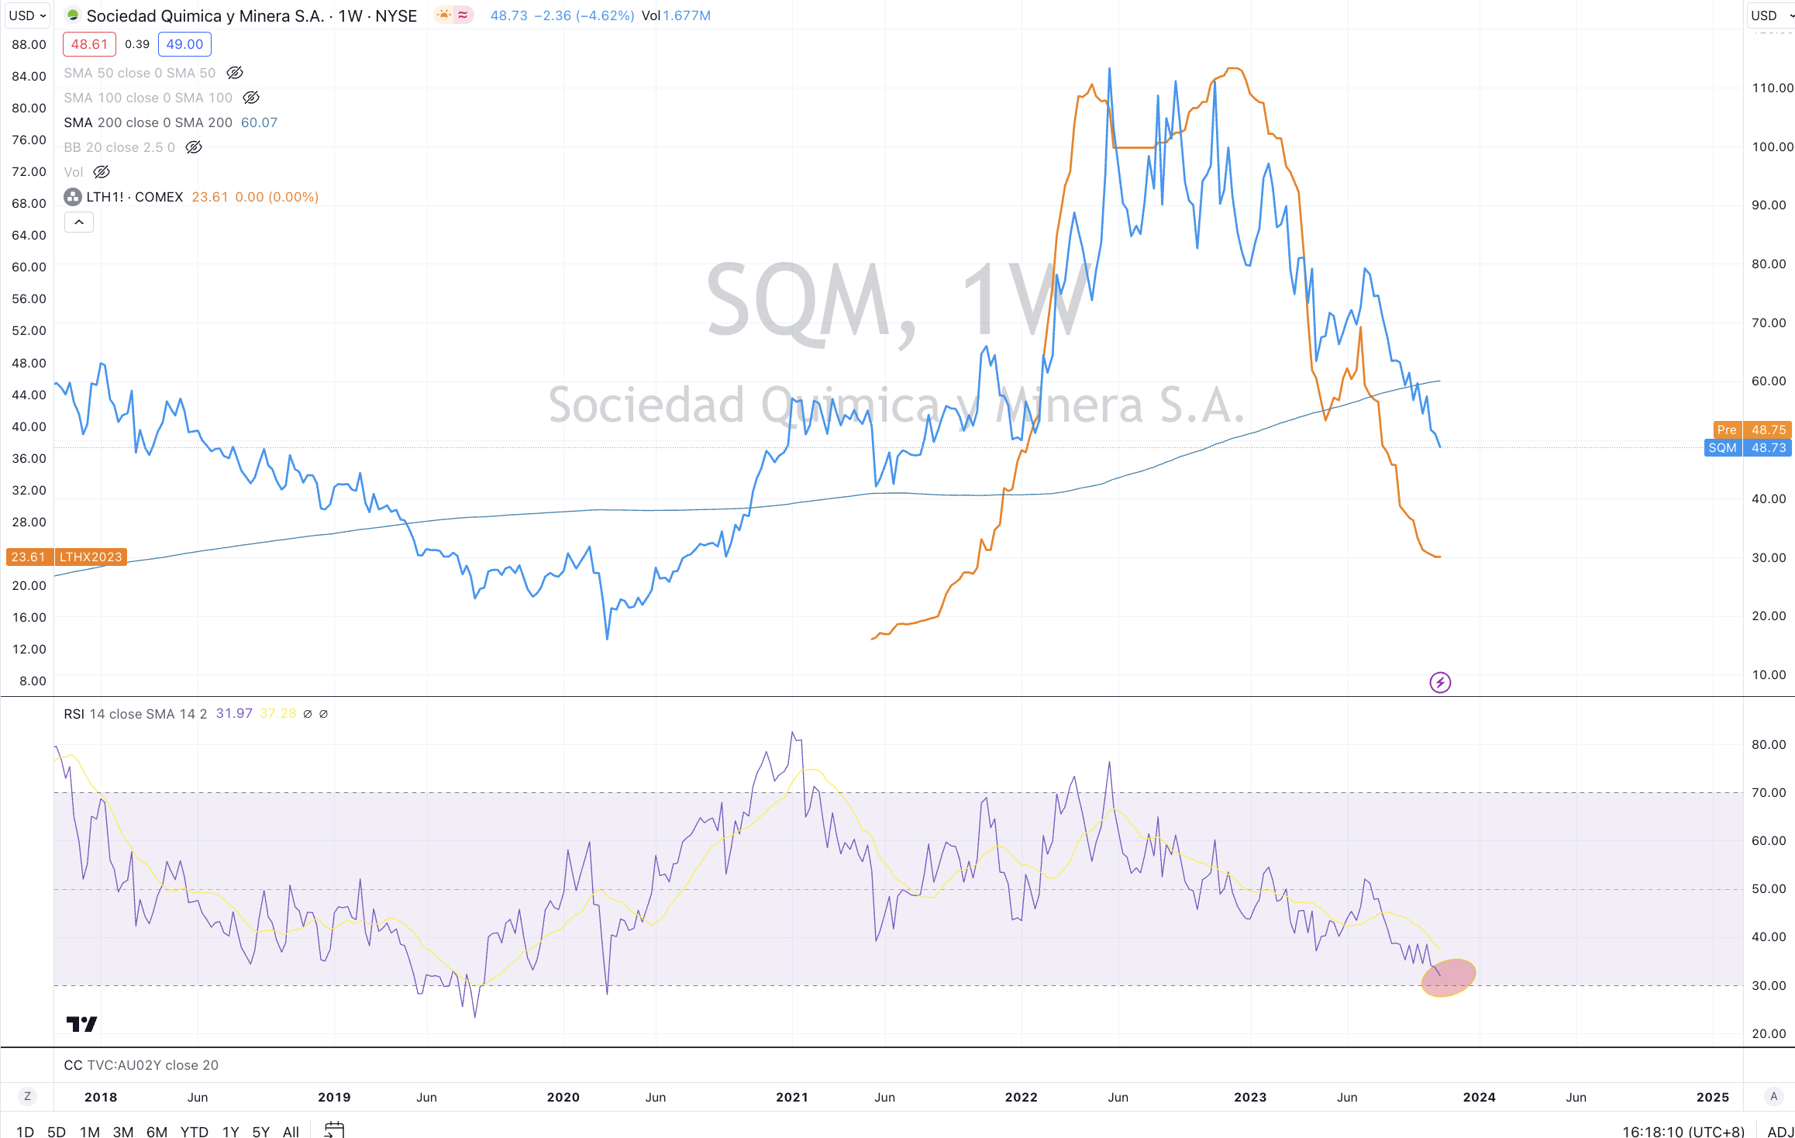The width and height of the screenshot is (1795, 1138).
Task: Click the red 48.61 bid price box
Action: (89, 44)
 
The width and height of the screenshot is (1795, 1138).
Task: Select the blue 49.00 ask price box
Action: (184, 44)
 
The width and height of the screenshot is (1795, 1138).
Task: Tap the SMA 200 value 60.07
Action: (259, 122)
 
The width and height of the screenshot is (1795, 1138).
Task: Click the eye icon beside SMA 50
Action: (235, 73)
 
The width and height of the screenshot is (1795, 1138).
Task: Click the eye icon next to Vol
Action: (102, 172)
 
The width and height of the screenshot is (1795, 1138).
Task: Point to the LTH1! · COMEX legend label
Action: (134, 197)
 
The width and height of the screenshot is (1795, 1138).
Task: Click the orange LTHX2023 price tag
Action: (90, 557)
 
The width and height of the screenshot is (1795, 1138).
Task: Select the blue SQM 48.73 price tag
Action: (1748, 448)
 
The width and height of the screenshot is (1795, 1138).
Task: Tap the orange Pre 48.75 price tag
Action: (1750, 429)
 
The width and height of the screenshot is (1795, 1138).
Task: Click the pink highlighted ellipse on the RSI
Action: (1448, 978)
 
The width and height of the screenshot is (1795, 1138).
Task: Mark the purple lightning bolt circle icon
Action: (1440, 682)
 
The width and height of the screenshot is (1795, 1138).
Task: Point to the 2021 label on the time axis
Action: (792, 1097)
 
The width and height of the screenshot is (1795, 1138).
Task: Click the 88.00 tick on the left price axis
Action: (29, 44)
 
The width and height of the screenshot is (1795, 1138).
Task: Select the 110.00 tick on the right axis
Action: (1772, 88)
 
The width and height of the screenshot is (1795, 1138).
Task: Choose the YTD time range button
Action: (194, 1131)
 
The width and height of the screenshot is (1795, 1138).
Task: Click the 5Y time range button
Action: (261, 1131)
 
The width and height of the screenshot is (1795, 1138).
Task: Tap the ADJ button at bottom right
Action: (1780, 1131)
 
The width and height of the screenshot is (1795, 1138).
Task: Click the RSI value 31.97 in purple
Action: (234, 714)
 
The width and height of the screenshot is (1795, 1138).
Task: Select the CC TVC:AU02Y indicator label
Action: (141, 1065)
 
